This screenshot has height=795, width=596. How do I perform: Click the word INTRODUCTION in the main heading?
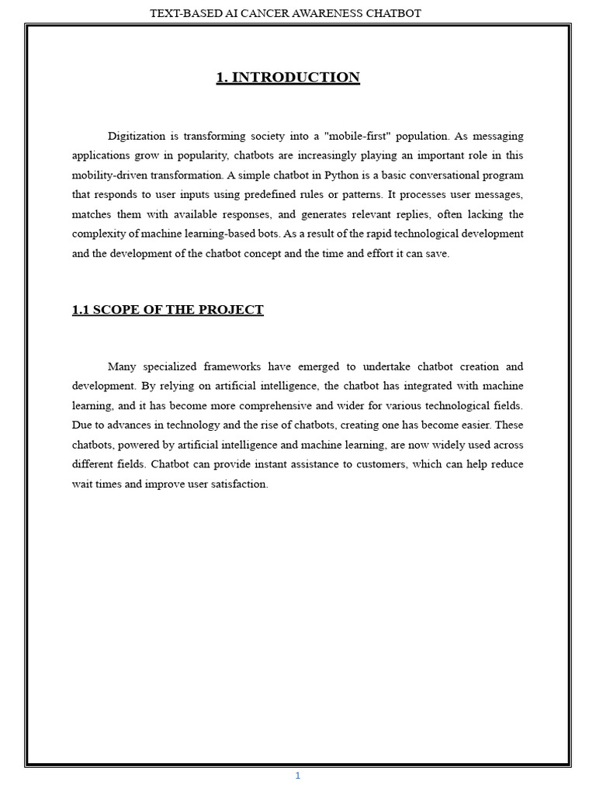(x=296, y=77)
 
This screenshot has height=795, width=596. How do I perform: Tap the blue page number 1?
(x=297, y=776)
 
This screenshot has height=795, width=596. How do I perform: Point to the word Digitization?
(x=137, y=136)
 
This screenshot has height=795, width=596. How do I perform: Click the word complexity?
(x=99, y=234)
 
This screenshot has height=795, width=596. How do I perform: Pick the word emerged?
(x=316, y=366)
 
